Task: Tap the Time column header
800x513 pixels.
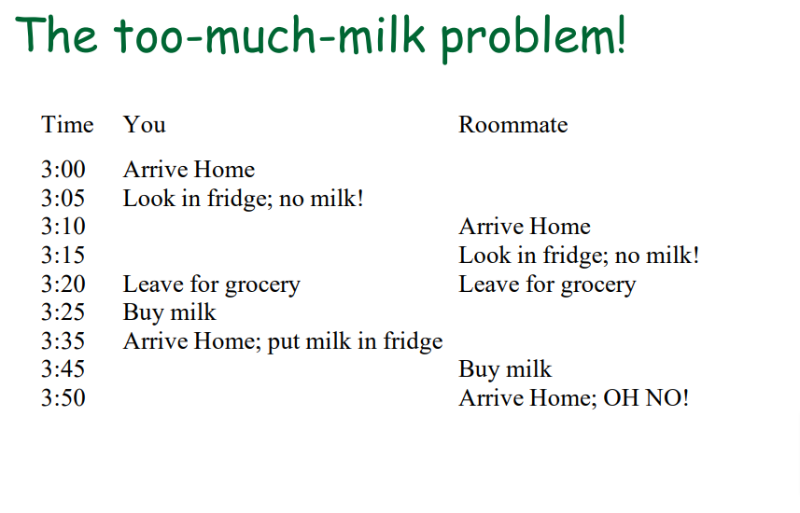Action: pos(67,125)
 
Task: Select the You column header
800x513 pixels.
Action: pos(145,125)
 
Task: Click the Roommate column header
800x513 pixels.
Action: pos(512,125)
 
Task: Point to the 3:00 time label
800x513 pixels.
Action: pos(63,170)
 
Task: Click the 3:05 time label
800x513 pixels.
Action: pos(63,199)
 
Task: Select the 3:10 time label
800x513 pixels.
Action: pos(63,227)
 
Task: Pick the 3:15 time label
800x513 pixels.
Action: pos(63,256)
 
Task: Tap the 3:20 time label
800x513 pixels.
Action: pos(63,284)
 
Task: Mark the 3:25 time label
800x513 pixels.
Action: pos(63,312)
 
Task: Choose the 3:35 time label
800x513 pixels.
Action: pos(63,341)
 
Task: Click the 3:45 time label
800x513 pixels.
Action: pos(63,369)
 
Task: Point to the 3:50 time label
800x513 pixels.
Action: pos(63,398)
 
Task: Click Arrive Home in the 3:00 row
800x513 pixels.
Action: pos(189,170)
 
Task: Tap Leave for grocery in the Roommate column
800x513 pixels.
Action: pos(547,284)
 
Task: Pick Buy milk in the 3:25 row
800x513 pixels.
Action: pos(169,312)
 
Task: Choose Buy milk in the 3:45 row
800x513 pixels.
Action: pos(505,369)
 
